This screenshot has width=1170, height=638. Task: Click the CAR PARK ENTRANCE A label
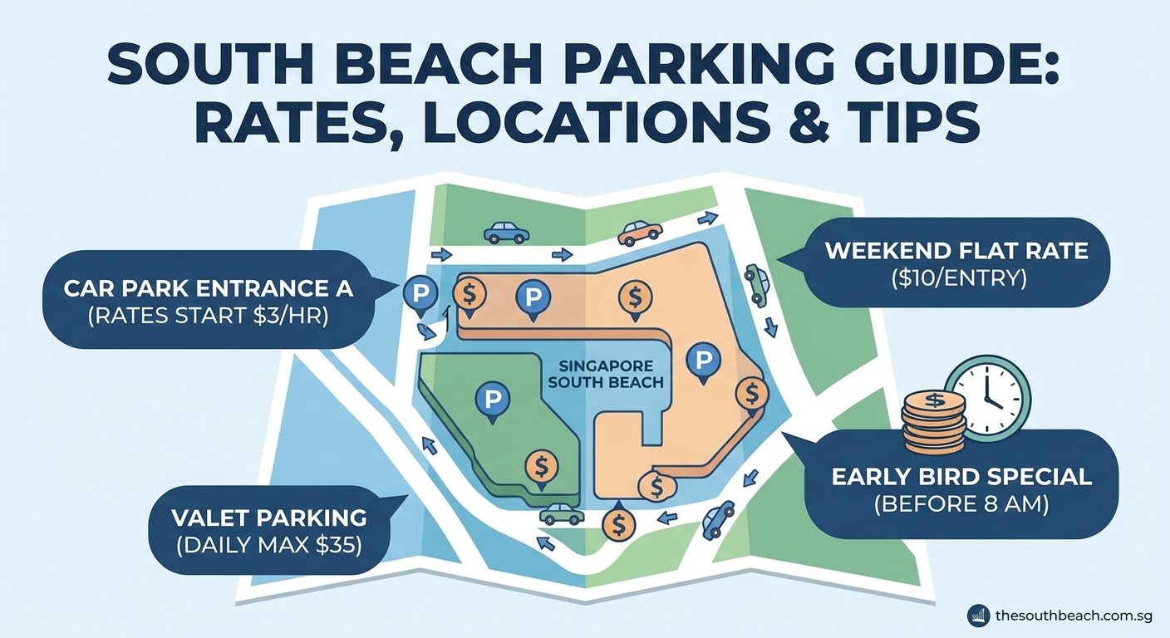tap(209, 289)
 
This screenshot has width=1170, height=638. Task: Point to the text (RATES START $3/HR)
tap(209, 316)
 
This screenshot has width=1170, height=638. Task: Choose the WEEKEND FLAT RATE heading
tap(956, 250)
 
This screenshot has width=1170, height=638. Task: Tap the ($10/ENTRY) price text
tap(956, 278)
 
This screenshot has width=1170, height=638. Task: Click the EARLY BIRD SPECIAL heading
tap(961, 477)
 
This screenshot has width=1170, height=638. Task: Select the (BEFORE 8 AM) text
tap(961, 504)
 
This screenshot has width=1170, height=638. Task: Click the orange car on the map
tap(640, 233)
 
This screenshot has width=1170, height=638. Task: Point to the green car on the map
tap(757, 283)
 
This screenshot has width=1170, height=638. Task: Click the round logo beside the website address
tap(979, 616)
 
